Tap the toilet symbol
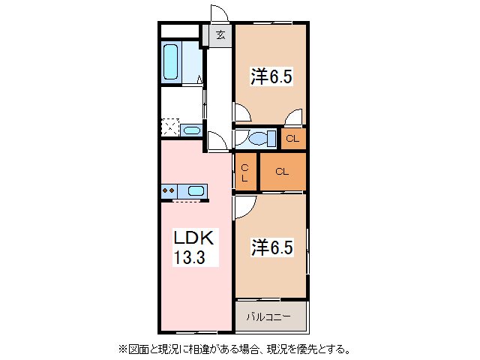[x=257, y=139]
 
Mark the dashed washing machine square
[x=171, y=128]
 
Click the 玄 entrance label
[x=220, y=35]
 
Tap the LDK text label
[x=195, y=239]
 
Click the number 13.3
[x=196, y=259]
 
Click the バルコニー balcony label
[x=270, y=316]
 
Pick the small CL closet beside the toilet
[x=292, y=139]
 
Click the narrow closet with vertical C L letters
[x=245, y=173]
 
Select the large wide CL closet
[x=282, y=172]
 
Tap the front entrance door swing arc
[x=219, y=13]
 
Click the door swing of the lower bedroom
[x=244, y=205]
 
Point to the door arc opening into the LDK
[x=217, y=139]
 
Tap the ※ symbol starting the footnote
[x=121, y=349]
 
